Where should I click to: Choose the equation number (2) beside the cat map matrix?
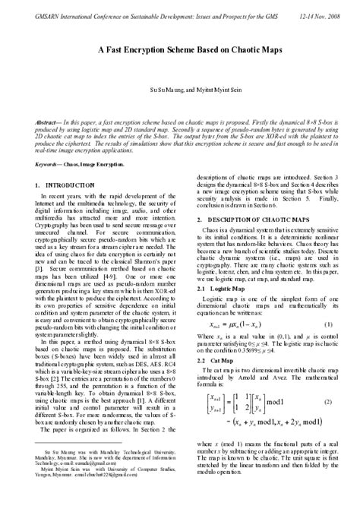pyautogui.click(x=329, y=400)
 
